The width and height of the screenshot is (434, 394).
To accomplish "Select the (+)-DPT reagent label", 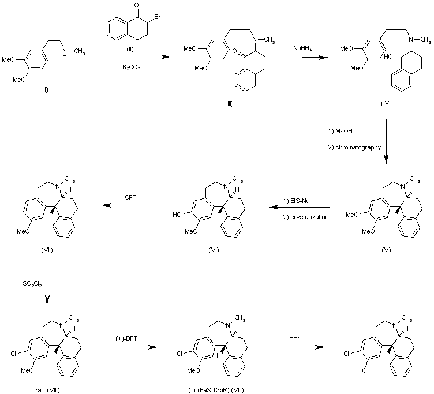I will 129,340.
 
